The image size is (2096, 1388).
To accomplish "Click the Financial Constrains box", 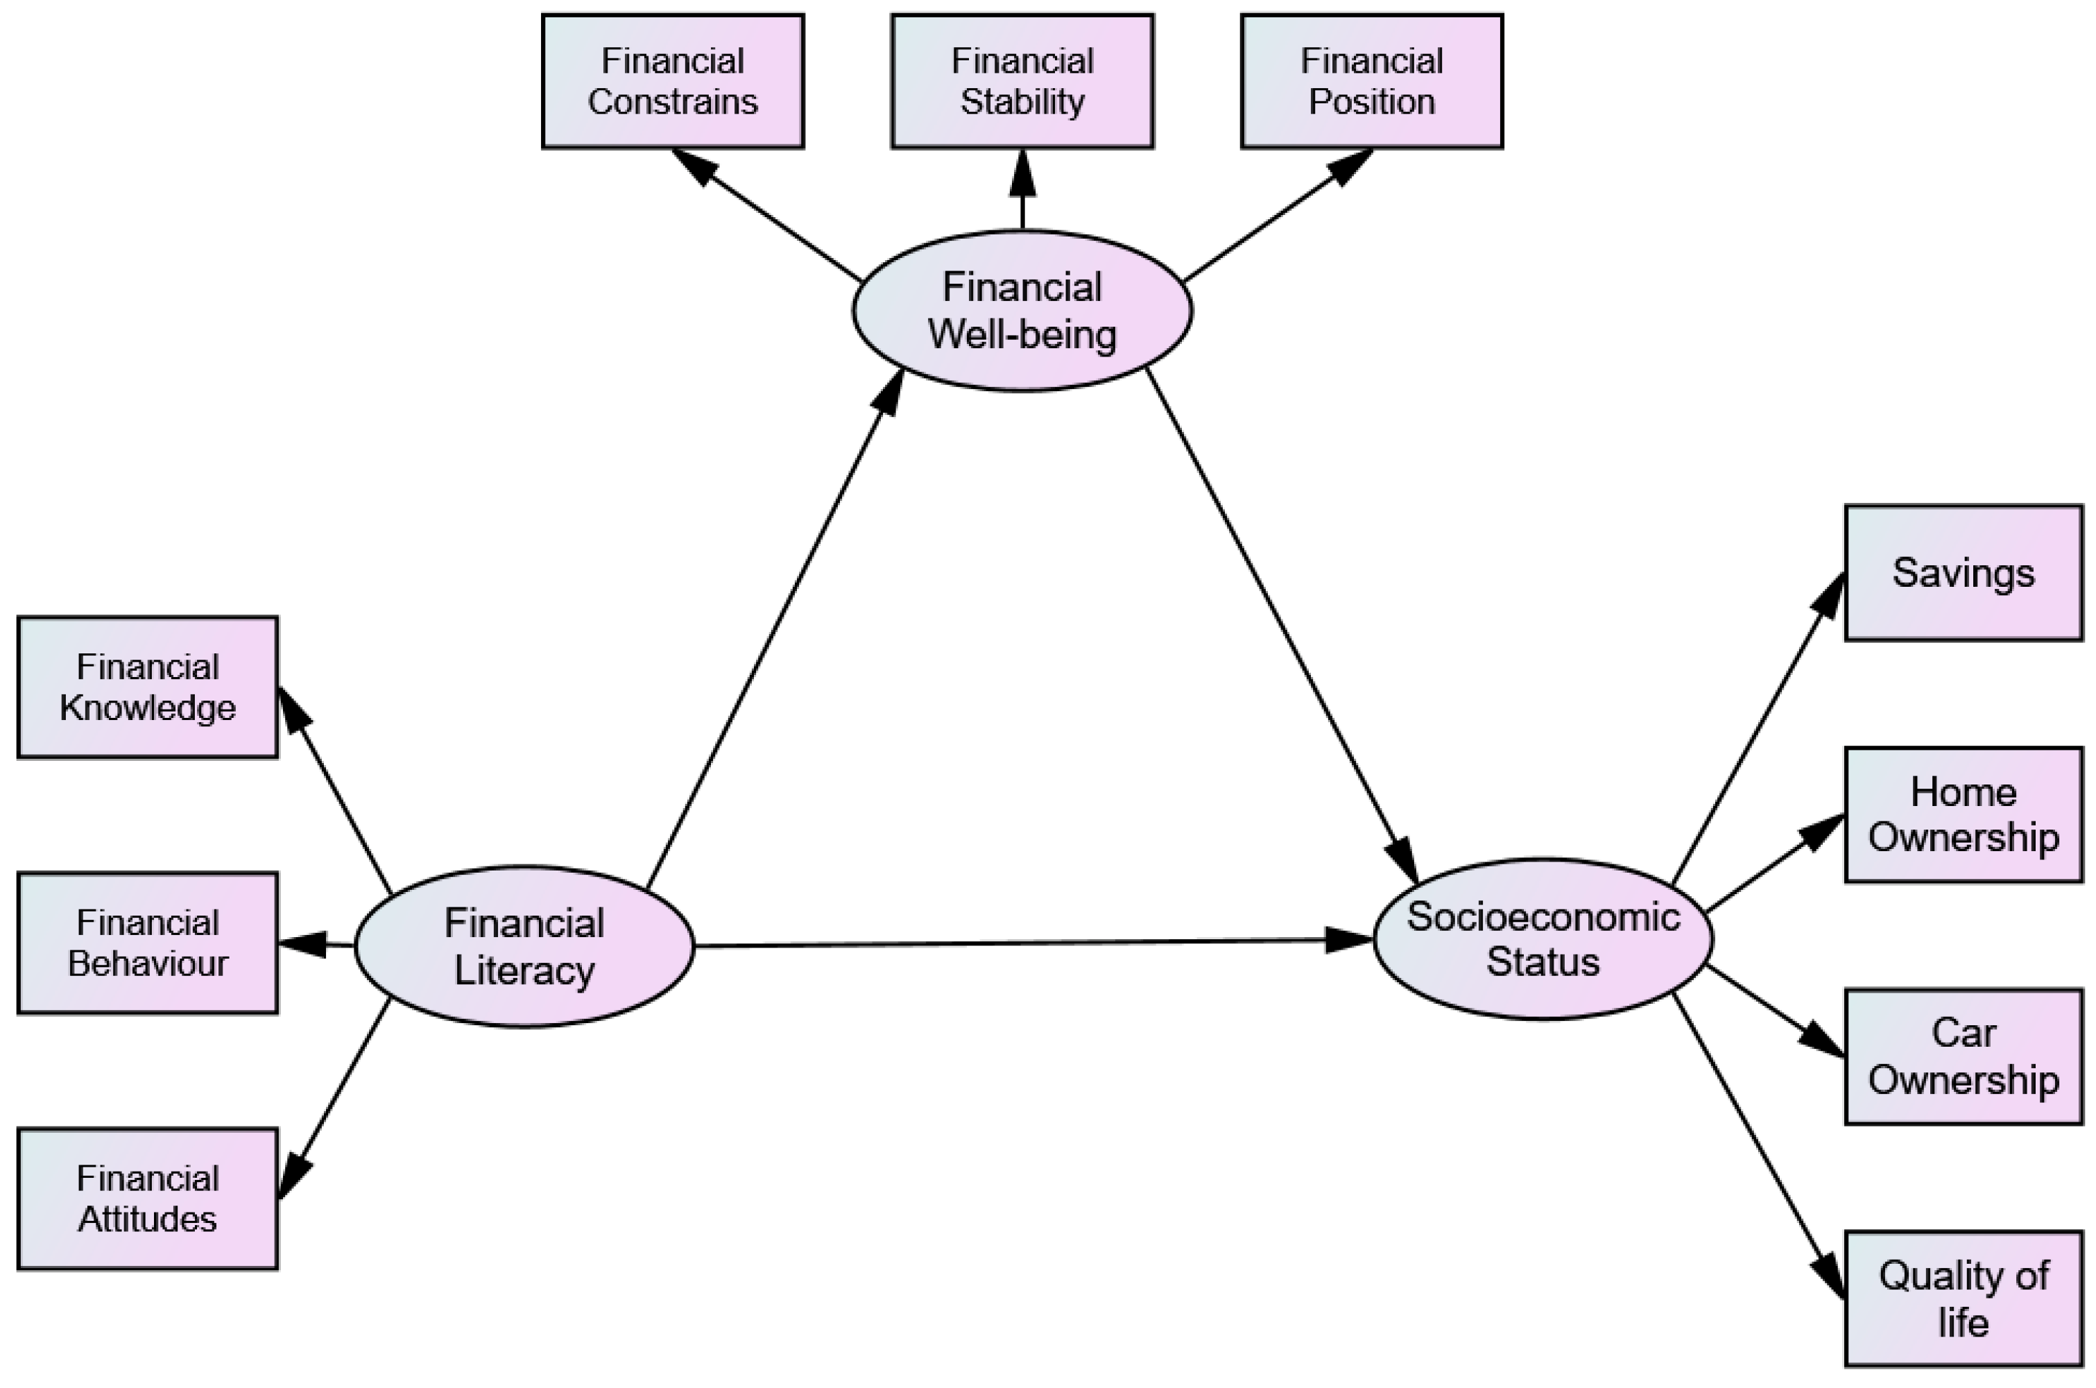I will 673,80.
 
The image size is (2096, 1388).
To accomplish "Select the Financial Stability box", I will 1022,80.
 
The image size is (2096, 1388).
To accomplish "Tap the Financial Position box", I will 1372,80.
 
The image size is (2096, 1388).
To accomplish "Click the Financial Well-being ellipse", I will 1022,311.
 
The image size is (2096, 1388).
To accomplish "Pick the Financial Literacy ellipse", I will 524,946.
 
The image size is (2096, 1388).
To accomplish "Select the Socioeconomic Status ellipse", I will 1543,939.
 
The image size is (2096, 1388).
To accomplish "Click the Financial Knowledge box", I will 148,687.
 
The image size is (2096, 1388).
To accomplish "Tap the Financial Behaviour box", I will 148,943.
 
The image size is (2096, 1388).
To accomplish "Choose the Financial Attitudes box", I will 148,1199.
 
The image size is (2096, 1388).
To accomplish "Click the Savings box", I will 1964,573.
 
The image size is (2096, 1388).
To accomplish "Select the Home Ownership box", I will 1964,814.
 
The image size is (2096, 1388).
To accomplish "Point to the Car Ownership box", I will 1964,1057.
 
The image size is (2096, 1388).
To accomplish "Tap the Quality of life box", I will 1964,1299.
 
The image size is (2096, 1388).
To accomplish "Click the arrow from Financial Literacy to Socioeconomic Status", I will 1026,943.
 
